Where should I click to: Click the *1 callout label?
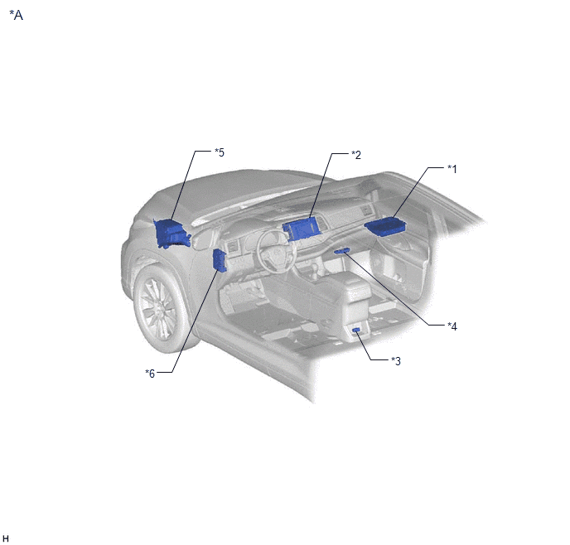tap(452, 169)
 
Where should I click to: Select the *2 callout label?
tap(356, 155)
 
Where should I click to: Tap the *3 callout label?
tap(396, 361)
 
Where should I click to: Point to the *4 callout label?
tap(452, 326)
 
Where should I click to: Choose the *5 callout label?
tap(220, 152)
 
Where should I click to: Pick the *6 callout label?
tap(150, 374)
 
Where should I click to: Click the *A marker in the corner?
tap(17, 15)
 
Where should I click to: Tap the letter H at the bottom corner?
tap(6, 539)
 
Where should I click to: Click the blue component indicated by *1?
tap(385, 225)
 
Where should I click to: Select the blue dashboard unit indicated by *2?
tap(302, 229)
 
